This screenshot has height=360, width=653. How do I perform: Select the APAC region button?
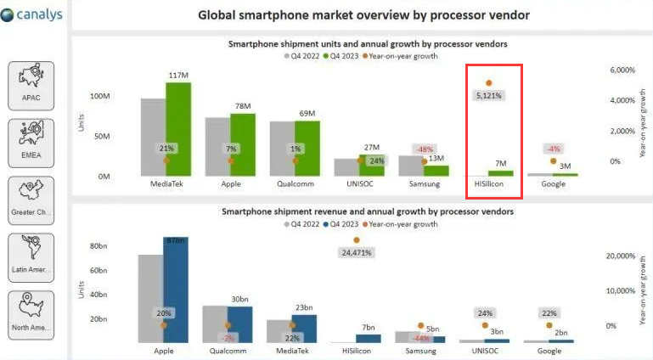(x=31, y=86)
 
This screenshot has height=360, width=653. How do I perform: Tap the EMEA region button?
(x=31, y=143)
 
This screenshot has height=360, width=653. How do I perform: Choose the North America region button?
(x=31, y=314)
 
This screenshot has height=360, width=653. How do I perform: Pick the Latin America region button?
(x=31, y=257)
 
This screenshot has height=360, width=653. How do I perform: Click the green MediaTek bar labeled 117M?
(x=178, y=128)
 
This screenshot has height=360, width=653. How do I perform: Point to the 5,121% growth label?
(x=488, y=96)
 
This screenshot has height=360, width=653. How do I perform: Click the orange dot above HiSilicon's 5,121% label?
(x=488, y=83)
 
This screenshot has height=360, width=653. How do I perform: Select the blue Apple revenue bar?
(x=176, y=290)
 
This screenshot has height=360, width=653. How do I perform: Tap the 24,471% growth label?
(x=357, y=253)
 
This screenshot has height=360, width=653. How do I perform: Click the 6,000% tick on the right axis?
(x=622, y=70)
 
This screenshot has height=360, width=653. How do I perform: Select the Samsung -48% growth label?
(x=424, y=149)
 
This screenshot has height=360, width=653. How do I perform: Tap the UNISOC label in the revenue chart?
(x=485, y=350)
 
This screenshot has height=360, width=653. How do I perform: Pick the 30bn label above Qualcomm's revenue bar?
(x=239, y=299)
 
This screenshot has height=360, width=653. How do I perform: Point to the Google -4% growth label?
(x=553, y=149)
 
